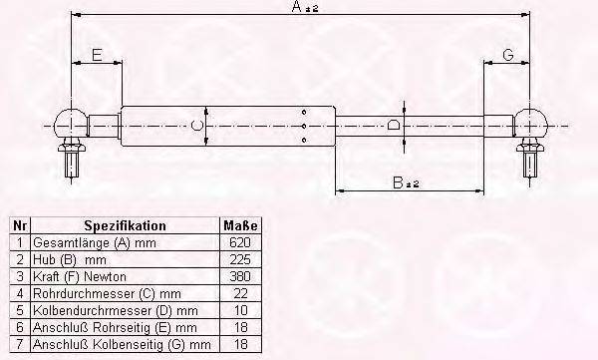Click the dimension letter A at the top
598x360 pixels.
[297, 7]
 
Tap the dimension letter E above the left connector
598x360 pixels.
[98, 55]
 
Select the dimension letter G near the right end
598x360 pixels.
[508, 55]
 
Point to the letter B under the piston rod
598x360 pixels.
[398, 182]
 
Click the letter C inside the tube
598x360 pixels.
[196, 126]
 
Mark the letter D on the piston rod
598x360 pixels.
[394, 125]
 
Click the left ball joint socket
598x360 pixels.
[72, 124]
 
